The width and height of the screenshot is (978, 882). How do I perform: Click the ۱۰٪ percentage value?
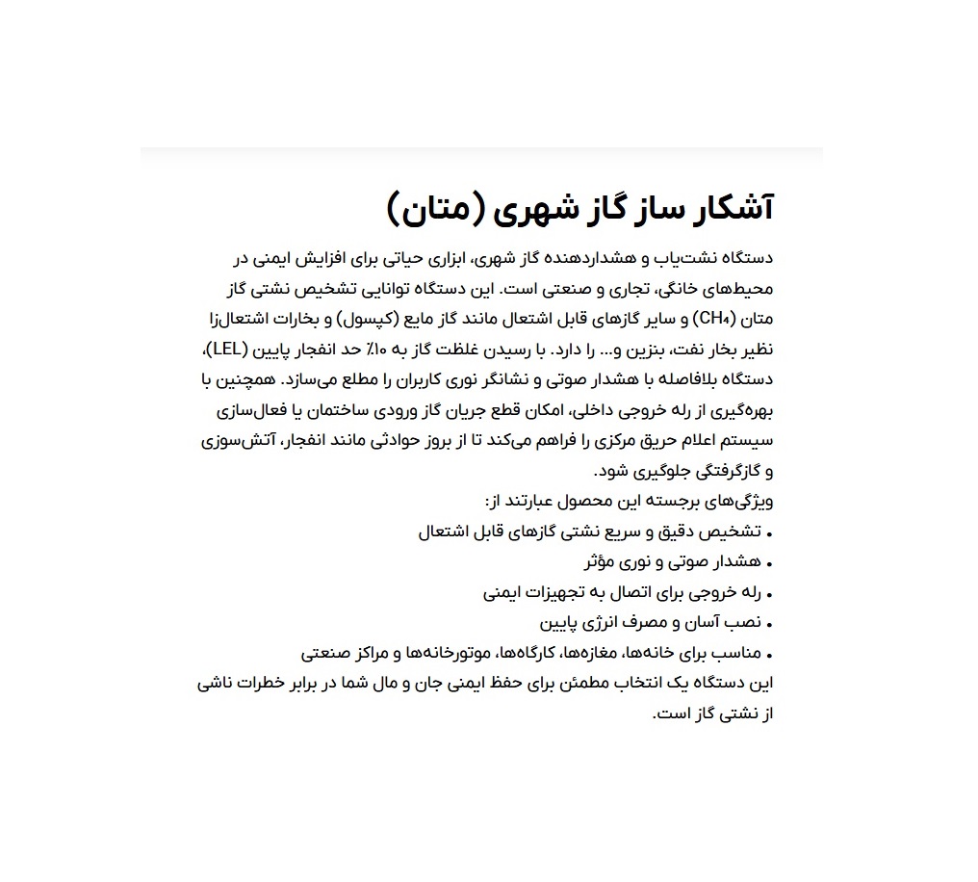point(420,349)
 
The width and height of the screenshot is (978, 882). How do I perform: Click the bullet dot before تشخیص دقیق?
point(770,532)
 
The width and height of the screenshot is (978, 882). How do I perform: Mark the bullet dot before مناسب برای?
point(770,655)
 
